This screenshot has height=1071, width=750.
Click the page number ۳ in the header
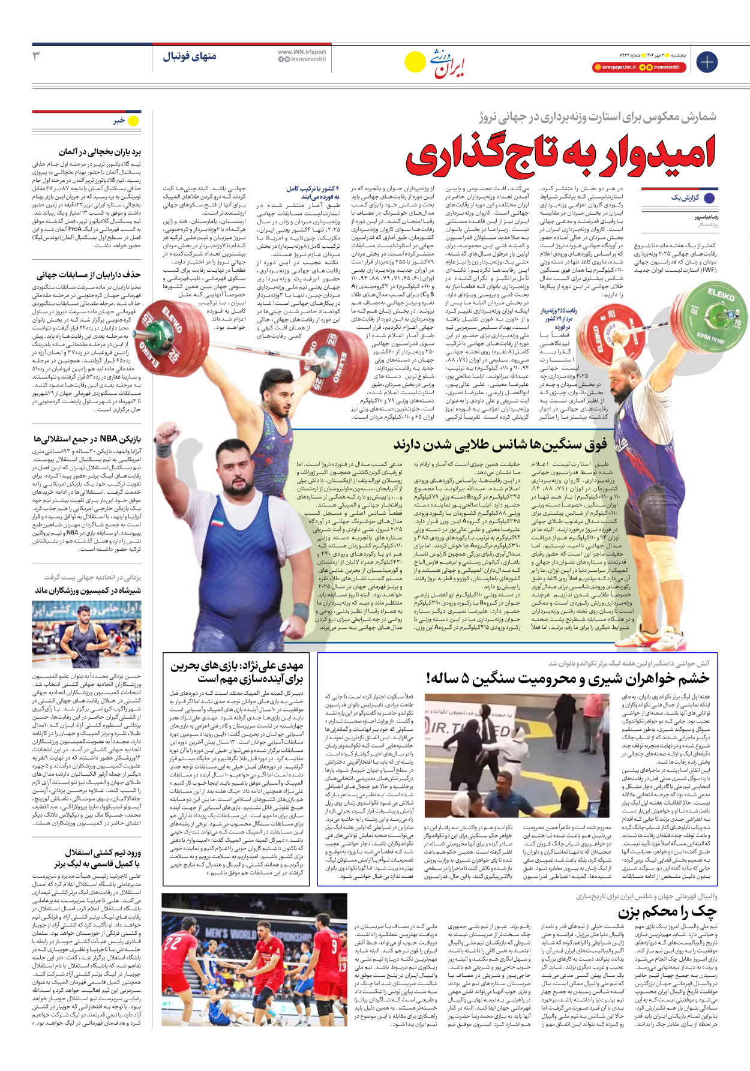tap(36, 56)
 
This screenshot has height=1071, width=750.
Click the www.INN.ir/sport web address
tap(302, 52)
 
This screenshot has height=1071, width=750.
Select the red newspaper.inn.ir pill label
tap(615, 67)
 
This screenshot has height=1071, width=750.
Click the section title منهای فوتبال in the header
tap(190, 56)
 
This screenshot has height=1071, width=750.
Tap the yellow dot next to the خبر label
tap(133, 121)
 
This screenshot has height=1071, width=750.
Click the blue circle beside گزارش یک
tap(709, 198)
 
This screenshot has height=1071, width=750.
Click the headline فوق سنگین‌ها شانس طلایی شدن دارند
tap(500, 445)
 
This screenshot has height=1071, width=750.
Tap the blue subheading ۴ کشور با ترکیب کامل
tap(313, 193)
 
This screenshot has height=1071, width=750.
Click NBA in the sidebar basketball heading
tap(108, 439)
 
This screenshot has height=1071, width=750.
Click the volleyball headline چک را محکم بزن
tap(667, 912)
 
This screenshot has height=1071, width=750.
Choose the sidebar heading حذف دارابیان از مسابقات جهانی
tap(88, 275)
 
